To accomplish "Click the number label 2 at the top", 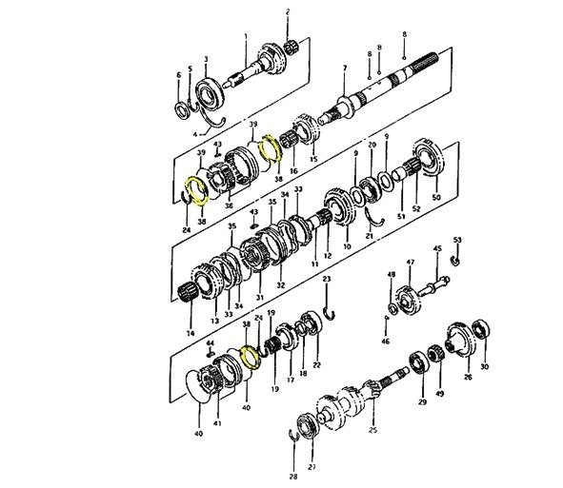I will coord(289,11).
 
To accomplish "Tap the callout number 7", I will coord(345,68).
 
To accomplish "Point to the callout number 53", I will coord(457,240).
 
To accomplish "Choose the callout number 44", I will coord(210,342).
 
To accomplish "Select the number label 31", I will coord(259,298).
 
